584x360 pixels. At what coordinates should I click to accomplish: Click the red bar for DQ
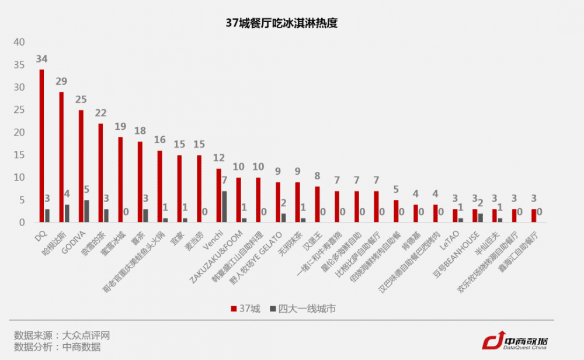point(41,146)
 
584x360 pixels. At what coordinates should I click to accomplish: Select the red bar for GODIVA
point(81,166)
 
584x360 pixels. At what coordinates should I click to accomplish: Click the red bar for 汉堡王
point(318,205)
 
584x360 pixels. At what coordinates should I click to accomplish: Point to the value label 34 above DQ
point(41,59)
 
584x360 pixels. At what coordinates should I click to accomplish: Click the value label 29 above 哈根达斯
point(61,81)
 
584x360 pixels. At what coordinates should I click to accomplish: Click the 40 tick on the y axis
point(20,42)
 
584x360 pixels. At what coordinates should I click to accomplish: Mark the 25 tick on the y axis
point(20,110)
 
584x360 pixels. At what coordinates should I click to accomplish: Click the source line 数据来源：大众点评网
point(62,335)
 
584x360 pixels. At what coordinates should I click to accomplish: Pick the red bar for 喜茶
point(140,182)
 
